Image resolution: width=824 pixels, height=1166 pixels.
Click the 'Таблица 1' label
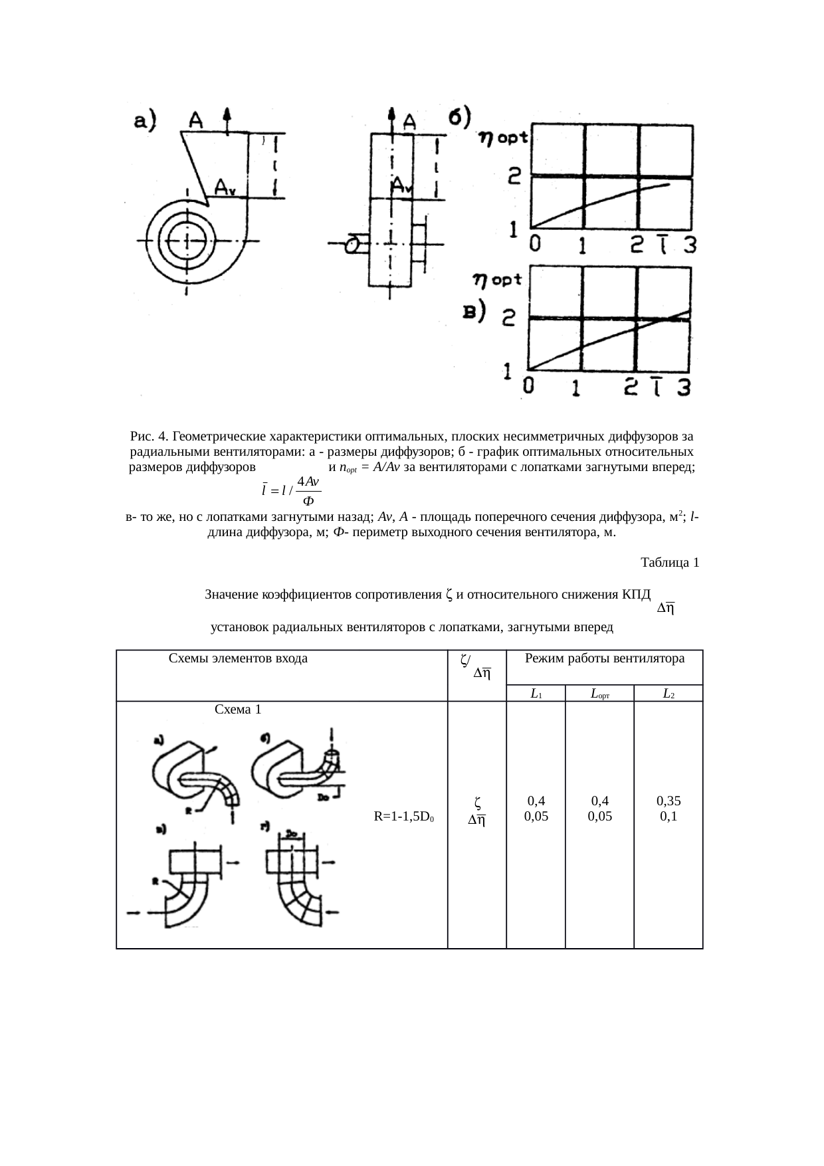coord(669,563)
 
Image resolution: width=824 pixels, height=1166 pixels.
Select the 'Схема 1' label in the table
coord(238,709)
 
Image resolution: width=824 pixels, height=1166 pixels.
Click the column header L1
coord(536,694)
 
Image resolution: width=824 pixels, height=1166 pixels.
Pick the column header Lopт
coord(599,694)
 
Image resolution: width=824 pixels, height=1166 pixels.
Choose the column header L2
coord(669,694)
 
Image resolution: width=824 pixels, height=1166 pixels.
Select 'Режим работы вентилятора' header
coord(604,658)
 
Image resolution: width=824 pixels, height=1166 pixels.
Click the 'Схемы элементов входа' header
coord(238,658)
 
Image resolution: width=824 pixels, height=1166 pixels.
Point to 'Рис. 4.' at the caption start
coord(149,437)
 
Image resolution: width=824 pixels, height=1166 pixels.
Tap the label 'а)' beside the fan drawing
coord(145,121)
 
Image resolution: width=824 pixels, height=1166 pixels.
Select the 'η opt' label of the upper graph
coord(503,138)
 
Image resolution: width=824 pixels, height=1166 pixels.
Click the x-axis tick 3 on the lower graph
coord(683,387)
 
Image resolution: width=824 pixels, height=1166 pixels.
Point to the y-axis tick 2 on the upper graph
coord(515,177)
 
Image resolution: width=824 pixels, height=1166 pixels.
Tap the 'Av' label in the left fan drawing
coord(225,189)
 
